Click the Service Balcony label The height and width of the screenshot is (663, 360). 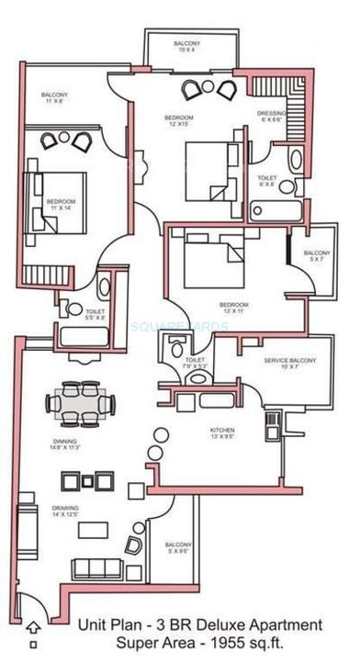coord(288,363)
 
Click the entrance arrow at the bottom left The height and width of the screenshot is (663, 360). coord(34,629)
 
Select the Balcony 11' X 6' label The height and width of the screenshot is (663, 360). coord(54,98)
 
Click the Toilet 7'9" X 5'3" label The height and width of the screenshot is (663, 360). coord(195,363)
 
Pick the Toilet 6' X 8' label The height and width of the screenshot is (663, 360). coord(267,181)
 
